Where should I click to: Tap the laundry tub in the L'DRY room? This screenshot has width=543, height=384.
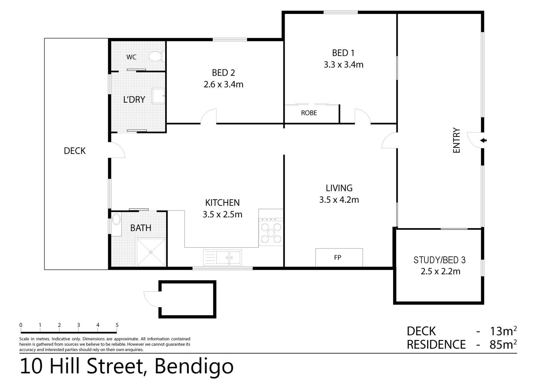(159, 96)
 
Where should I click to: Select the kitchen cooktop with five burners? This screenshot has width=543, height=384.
(271, 233)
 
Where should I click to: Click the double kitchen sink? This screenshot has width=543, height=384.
(228, 257)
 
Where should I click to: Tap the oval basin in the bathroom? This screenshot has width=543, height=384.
(116, 219)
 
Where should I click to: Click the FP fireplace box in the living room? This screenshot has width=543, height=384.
(339, 257)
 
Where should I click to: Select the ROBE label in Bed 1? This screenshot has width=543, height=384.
(309, 113)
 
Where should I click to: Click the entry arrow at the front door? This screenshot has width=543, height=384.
(483, 140)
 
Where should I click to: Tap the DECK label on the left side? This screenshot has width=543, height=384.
(75, 151)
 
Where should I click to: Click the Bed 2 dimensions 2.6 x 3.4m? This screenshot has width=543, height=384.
(224, 84)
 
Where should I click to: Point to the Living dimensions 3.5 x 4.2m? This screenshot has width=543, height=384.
(339, 200)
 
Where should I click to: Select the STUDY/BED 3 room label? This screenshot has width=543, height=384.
(439, 260)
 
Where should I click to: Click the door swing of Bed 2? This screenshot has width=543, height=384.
(209, 117)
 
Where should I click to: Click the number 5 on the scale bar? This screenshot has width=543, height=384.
(117, 325)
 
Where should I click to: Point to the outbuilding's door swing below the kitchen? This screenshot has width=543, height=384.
(151, 299)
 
